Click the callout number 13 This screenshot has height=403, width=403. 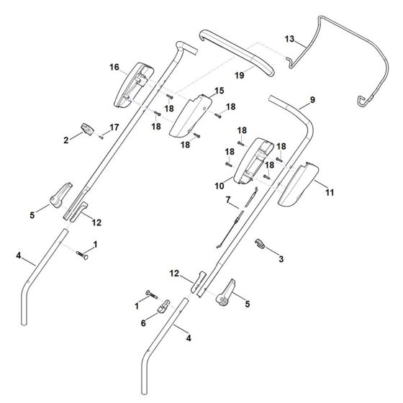(289, 38)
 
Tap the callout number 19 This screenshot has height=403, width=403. (240, 74)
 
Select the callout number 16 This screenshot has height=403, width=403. (114, 67)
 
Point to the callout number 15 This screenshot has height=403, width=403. (219, 91)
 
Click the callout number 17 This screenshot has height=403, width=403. (113, 127)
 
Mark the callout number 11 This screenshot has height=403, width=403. (330, 193)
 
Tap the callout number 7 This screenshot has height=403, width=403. (227, 199)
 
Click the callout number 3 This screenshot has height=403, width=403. (281, 258)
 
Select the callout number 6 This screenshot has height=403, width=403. (142, 324)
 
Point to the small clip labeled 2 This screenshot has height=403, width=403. (88, 128)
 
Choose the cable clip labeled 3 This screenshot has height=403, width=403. (262, 245)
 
